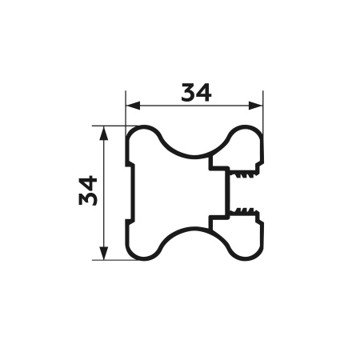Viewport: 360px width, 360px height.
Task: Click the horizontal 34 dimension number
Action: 196,93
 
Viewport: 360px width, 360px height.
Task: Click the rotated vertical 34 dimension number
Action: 89,191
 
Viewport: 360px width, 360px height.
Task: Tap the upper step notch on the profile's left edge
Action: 129,166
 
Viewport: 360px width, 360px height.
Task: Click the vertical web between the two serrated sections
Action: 226,192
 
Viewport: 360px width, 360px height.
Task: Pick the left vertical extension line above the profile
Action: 126,112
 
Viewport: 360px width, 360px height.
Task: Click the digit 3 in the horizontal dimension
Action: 188,93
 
